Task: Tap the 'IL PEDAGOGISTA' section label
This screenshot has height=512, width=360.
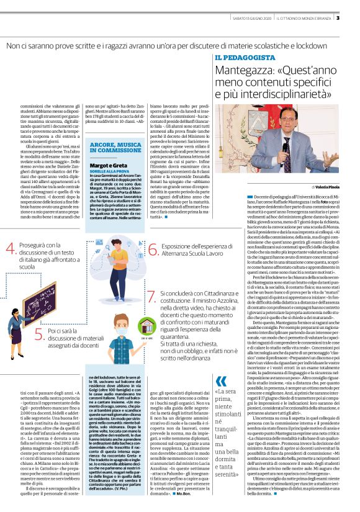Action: [x=245, y=57]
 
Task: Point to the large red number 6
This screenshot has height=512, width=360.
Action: [x=153, y=250]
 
